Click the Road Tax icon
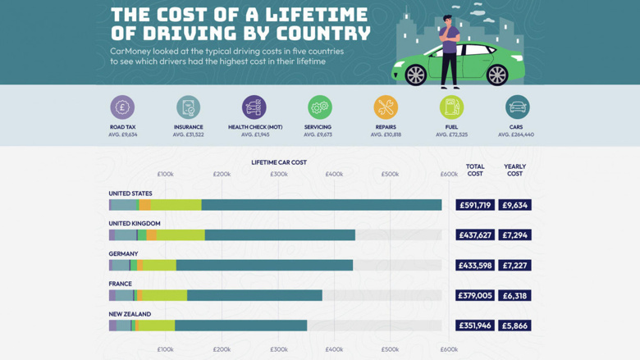[122, 107]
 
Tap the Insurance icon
[188, 107]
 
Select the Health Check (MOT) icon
[254, 107]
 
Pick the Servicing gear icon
[319, 107]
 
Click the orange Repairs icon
[386, 107]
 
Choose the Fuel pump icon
[451, 107]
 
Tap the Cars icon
[517, 107]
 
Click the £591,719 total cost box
[475, 205]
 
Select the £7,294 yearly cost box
[514, 235]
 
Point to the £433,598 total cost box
[475, 266]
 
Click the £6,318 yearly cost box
[514, 295]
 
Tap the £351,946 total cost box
[475, 326]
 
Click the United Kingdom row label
[135, 223]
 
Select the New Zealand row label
[130, 314]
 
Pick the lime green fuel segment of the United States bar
[176, 205]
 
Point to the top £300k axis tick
[278, 175]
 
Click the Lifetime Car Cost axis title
[279, 162]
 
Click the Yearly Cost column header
[514, 170]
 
